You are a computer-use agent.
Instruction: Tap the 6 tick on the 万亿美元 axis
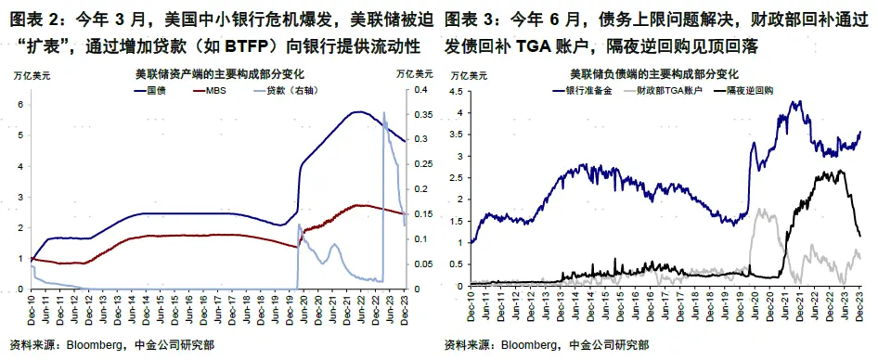(x=19, y=104)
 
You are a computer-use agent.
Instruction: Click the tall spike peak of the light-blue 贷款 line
(x=384, y=112)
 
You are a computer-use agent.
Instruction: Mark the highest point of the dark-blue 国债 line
(x=356, y=111)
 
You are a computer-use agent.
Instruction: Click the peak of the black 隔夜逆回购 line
(x=839, y=170)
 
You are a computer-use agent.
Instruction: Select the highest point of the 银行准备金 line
(x=795, y=101)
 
